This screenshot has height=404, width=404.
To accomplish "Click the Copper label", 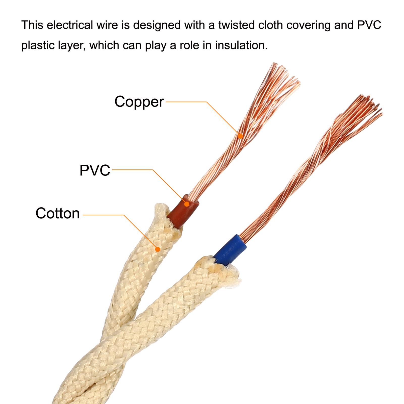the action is tap(139, 102).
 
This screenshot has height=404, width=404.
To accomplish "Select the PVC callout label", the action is tap(95, 170).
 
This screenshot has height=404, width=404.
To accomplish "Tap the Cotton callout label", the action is tap(58, 213).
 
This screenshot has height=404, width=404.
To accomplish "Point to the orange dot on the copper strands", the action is tap(241, 136).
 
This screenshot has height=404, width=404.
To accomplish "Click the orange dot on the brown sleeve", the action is tap(187, 204).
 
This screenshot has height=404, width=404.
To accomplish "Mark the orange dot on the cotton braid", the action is tap(158, 249).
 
